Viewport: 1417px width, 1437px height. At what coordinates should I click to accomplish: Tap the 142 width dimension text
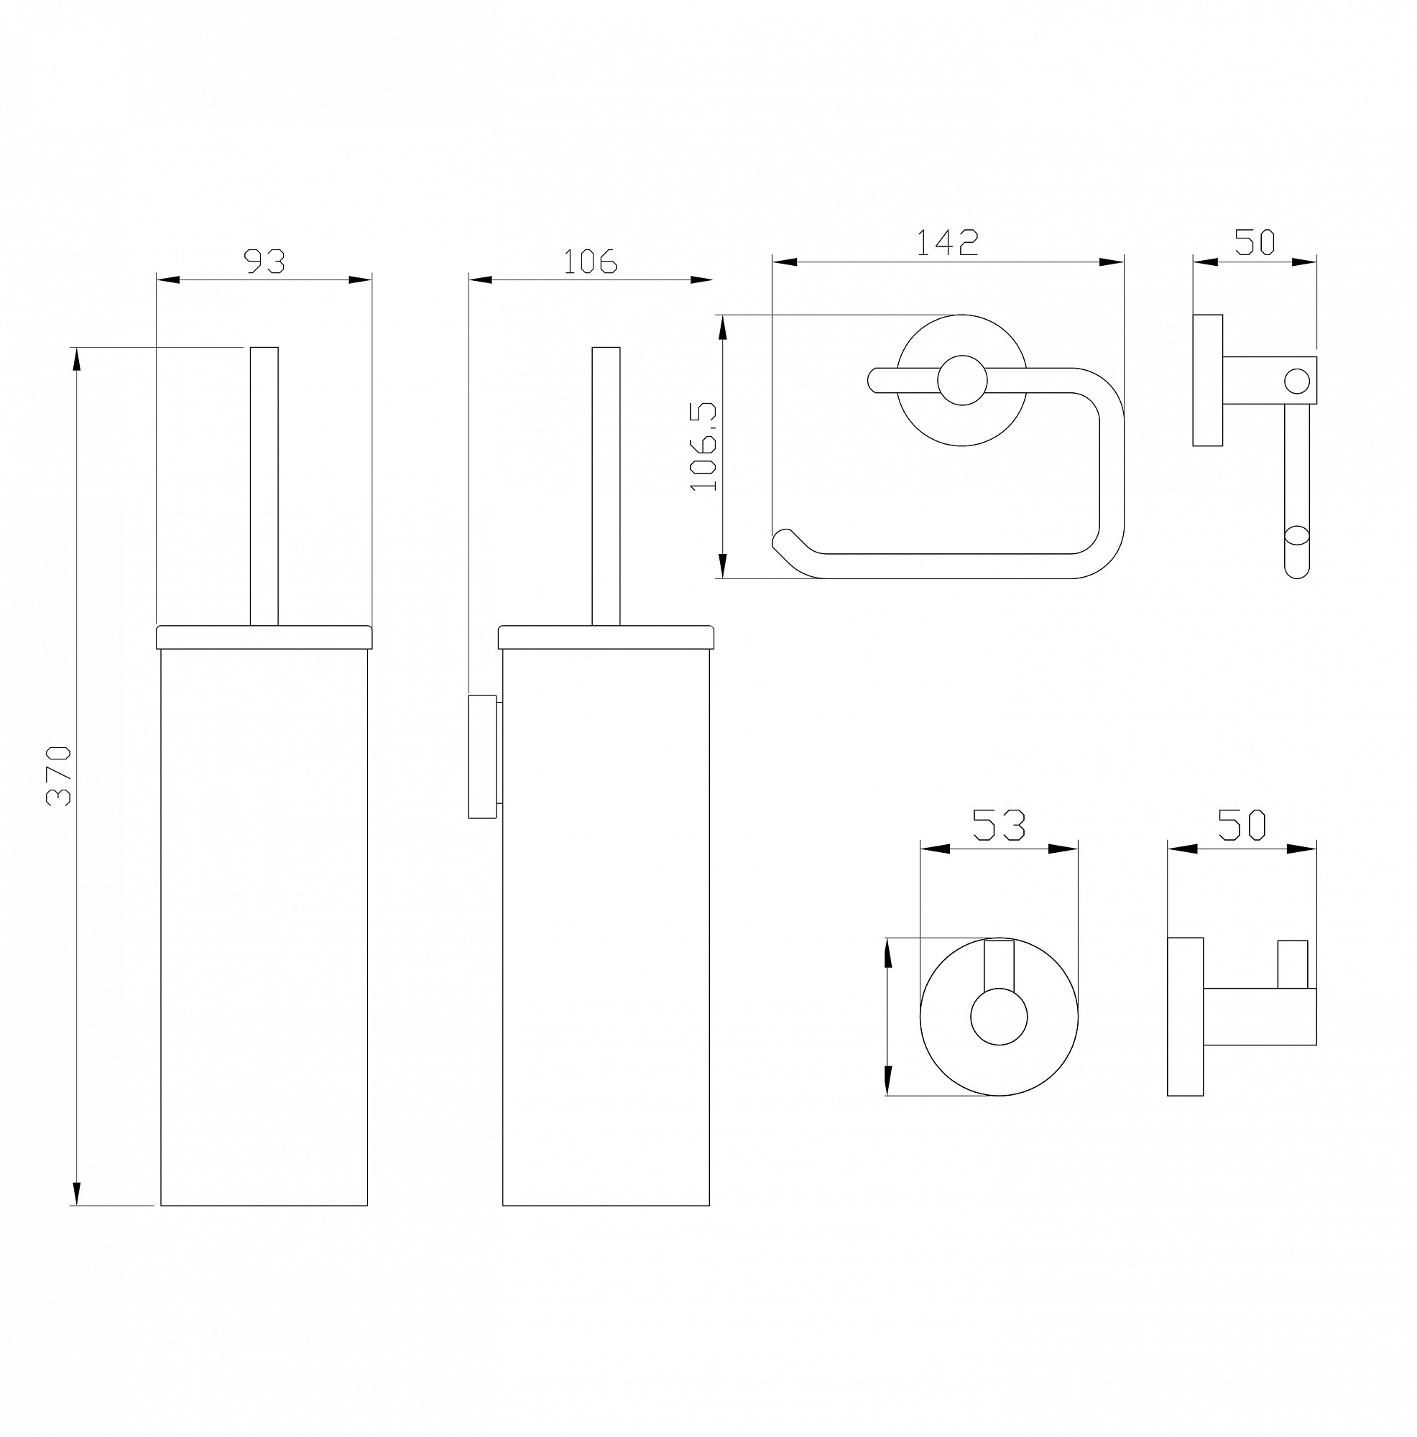pos(947,242)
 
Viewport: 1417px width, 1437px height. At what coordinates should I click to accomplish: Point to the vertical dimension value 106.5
pos(703,445)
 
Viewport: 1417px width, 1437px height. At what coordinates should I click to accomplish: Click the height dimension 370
pos(59,776)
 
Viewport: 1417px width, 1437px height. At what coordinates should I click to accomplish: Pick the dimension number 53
pos(999,825)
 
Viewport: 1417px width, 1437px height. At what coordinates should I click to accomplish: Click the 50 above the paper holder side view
pos(1255,241)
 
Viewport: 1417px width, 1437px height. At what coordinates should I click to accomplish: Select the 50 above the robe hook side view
pos(1242,825)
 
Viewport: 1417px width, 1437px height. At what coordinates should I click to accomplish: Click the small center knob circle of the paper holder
pos(963,380)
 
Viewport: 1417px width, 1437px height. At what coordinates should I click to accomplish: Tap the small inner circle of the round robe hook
pos(999,1017)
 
